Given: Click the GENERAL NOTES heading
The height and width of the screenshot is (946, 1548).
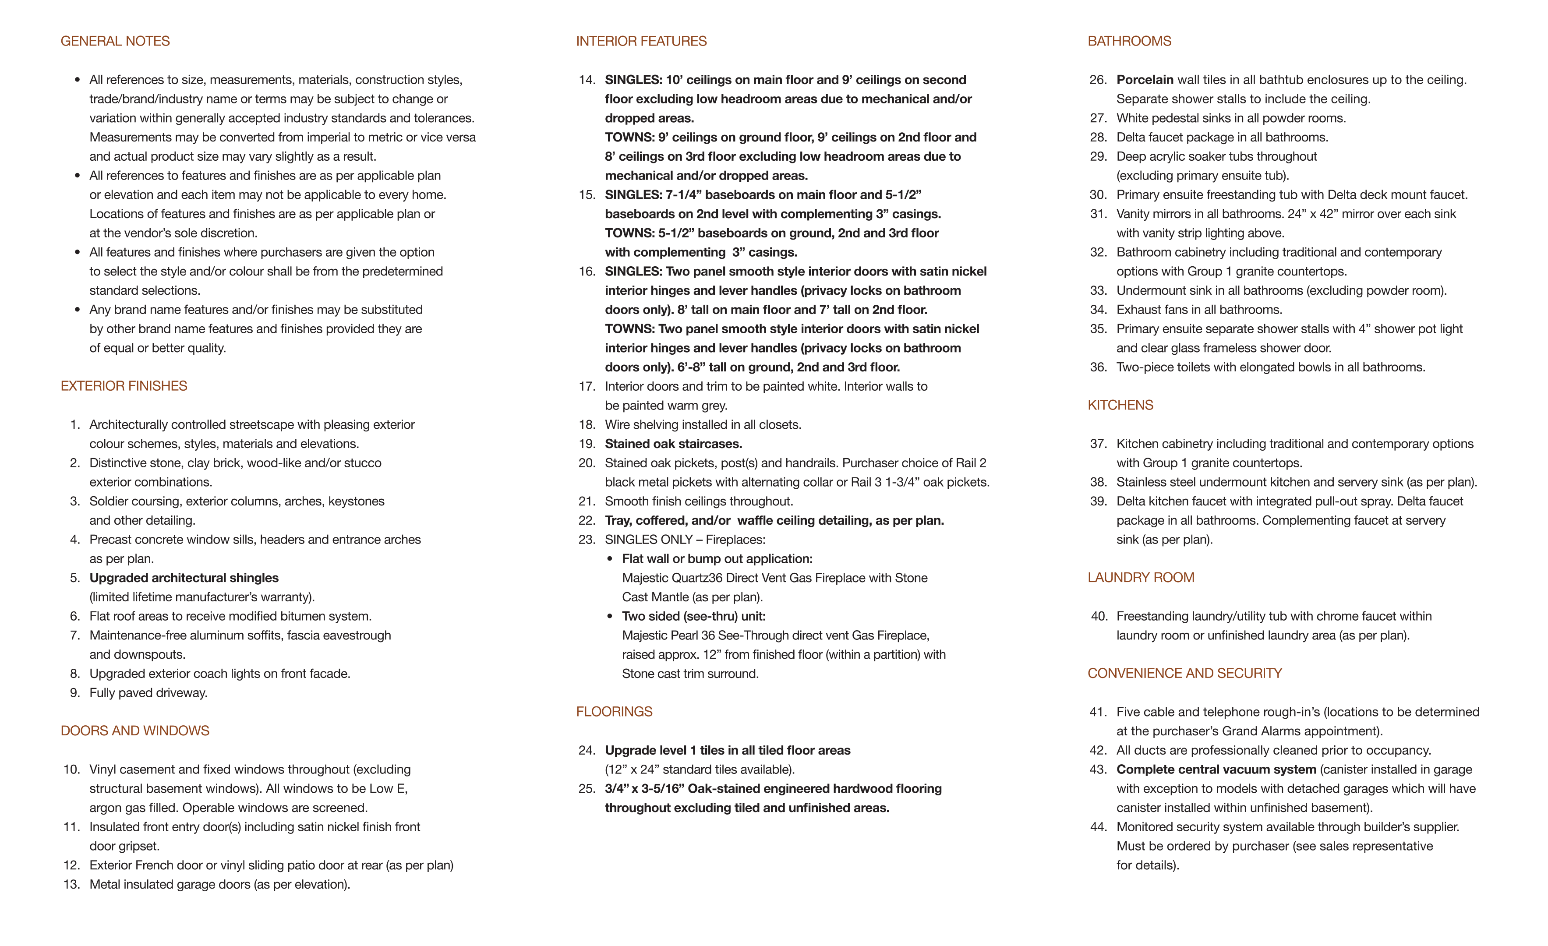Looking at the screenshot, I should click(x=115, y=42).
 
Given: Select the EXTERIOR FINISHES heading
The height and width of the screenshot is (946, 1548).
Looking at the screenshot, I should click(x=124, y=386).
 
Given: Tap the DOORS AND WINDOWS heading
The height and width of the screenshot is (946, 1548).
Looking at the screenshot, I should click(x=135, y=731).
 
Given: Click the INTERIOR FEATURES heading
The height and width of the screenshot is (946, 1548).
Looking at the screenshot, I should click(x=641, y=42).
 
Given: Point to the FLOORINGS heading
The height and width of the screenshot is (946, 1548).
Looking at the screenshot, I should click(x=614, y=712).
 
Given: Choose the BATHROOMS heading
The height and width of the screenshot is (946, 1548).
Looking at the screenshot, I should click(x=1129, y=42).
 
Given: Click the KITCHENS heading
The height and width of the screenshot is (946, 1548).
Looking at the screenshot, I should click(x=1120, y=405).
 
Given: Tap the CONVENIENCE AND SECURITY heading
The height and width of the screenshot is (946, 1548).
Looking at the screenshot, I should click(x=1184, y=674).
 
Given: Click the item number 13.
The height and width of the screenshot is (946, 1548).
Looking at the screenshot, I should click(x=72, y=884).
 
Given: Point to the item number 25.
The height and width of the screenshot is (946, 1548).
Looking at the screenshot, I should click(x=587, y=789).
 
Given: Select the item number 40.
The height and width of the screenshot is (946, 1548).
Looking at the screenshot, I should click(x=1099, y=616).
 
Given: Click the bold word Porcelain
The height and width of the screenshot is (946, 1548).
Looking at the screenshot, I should click(x=1145, y=80).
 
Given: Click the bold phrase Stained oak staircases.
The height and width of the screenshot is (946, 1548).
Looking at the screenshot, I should click(x=673, y=444).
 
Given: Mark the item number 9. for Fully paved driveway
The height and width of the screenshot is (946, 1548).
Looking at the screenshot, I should click(x=75, y=693).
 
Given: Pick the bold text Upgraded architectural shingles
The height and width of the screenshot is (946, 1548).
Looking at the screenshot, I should click(x=184, y=578).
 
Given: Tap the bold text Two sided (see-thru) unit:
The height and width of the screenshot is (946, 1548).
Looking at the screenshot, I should click(x=693, y=616).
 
